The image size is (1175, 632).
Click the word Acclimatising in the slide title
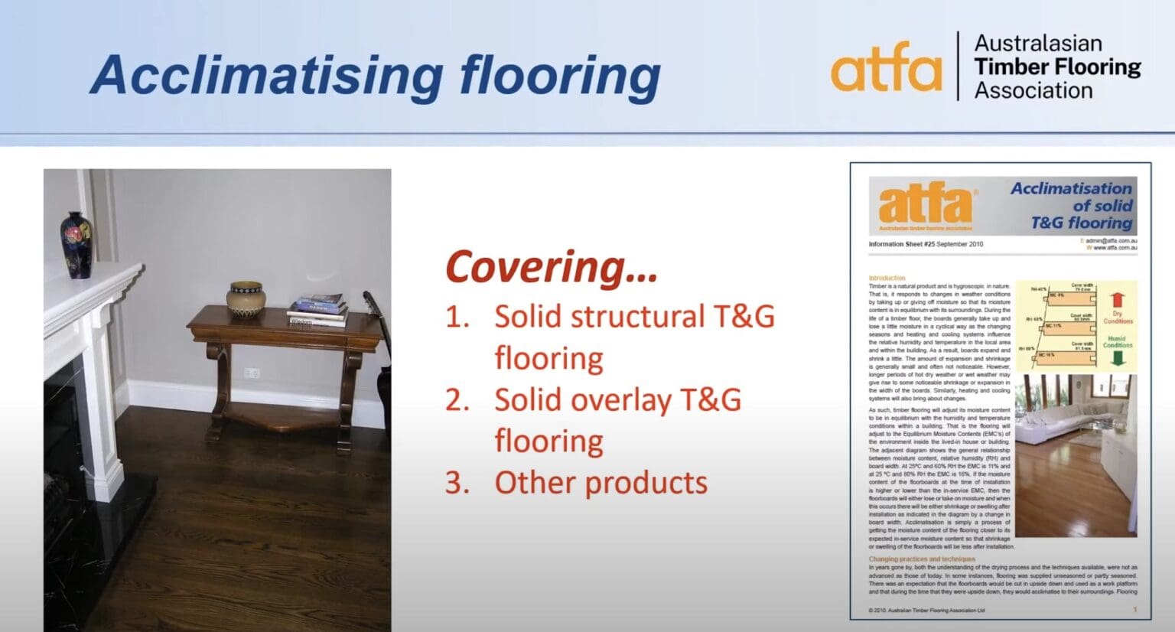(x=265, y=75)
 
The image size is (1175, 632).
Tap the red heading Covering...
(x=551, y=267)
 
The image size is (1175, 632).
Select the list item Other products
(x=601, y=483)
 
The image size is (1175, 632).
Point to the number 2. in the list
(x=457, y=400)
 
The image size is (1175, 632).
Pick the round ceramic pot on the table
(x=246, y=298)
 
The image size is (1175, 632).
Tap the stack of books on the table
(x=317, y=310)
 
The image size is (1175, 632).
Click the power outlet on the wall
(x=252, y=373)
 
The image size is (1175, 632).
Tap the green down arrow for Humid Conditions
(x=1117, y=358)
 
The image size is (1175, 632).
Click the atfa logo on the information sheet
(x=926, y=204)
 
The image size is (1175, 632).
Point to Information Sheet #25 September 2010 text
(x=926, y=244)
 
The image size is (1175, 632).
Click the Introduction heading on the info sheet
(x=887, y=278)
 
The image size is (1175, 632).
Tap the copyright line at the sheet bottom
(x=926, y=610)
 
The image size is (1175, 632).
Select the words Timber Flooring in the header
(x=1057, y=67)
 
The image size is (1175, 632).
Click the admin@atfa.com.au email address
(x=1110, y=240)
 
